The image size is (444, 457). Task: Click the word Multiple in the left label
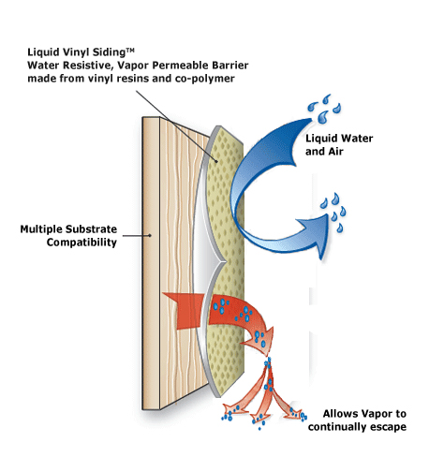point(45,228)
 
